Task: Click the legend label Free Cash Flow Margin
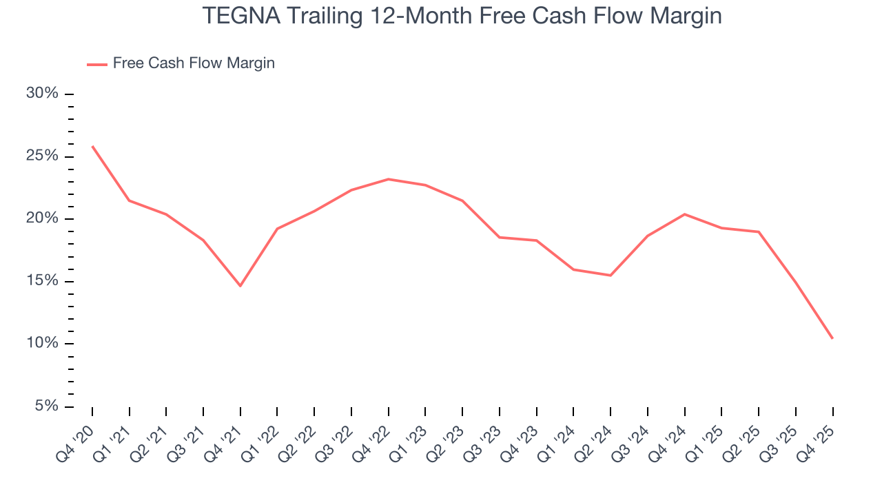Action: tap(194, 63)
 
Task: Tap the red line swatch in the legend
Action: tap(97, 64)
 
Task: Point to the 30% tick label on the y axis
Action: tap(42, 94)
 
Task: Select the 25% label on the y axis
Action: tap(42, 156)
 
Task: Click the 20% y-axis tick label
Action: tap(42, 218)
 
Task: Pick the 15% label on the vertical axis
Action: tap(42, 281)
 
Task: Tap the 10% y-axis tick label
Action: tap(42, 343)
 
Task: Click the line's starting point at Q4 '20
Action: tap(92, 146)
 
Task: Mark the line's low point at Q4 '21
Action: tap(240, 286)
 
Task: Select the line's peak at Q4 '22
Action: tap(389, 179)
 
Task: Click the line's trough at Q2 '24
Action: tap(611, 276)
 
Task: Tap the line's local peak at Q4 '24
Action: tap(684, 214)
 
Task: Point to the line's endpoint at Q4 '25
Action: tap(832, 338)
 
